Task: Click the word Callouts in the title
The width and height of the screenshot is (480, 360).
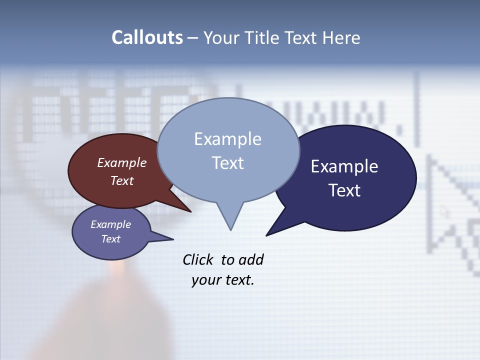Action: (147, 37)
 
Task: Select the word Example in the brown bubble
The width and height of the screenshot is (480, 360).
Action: (122, 162)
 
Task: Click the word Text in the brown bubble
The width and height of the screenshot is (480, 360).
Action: (122, 180)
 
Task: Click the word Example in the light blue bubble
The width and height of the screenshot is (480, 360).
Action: (227, 138)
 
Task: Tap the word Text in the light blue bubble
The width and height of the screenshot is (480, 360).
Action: (227, 162)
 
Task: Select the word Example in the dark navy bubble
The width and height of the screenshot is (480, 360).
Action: (344, 166)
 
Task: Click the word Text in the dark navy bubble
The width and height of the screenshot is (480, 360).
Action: (344, 190)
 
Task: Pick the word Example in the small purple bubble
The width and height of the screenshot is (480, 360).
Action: (111, 224)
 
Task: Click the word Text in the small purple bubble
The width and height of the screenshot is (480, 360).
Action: (111, 239)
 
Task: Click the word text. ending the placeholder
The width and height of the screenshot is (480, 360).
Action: (237, 280)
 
